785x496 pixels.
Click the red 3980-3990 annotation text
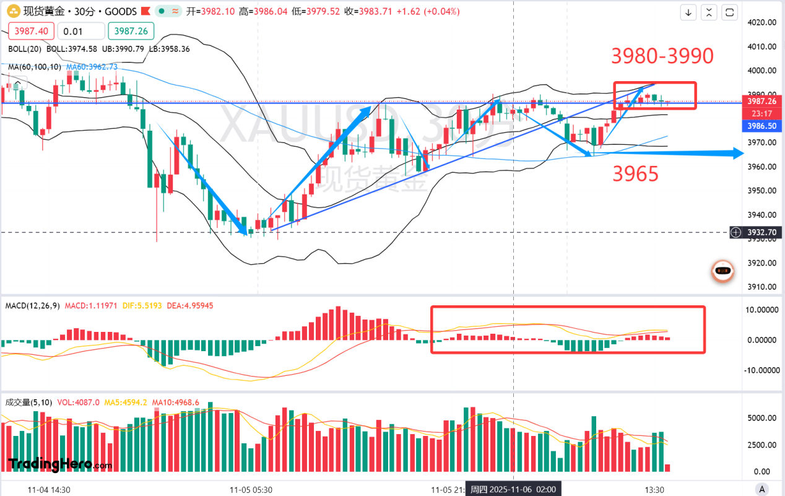tap(662, 56)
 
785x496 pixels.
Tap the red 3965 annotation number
tap(635, 175)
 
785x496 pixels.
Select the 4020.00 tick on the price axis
tap(761, 23)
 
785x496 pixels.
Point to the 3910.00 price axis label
tap(761, 287)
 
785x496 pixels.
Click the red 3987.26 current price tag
tap(762, 102)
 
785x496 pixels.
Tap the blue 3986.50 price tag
tap(762, 125)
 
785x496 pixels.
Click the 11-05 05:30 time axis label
tap(251, 489)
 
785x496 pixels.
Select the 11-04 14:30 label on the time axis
tap(49, 489)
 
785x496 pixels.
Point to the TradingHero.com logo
tap(60, 463)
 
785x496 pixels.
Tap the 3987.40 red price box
tap(31, 32)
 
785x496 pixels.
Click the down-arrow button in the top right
tap(688, 12)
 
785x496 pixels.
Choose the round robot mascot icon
tap(722, 271)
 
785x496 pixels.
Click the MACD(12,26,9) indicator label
tap(33, 306)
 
